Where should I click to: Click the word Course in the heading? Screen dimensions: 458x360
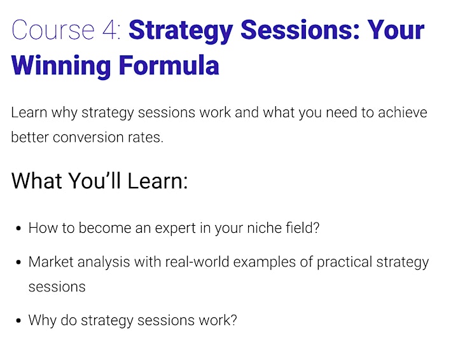53,30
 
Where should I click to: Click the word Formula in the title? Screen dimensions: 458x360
169,65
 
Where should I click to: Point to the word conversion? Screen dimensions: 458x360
88,137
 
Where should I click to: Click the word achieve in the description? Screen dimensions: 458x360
402,113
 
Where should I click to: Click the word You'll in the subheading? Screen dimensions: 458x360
94,181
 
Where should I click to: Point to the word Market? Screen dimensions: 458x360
51,261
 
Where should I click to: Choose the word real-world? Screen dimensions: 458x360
197,261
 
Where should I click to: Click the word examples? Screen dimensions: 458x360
265,262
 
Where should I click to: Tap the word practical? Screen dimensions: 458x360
344,262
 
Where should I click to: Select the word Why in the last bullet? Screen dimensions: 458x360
43,321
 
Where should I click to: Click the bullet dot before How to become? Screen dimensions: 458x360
18,228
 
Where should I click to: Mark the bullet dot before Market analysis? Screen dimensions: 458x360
18,262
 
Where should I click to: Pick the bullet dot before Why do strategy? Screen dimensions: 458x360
18,321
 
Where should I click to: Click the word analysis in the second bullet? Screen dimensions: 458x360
104,262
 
